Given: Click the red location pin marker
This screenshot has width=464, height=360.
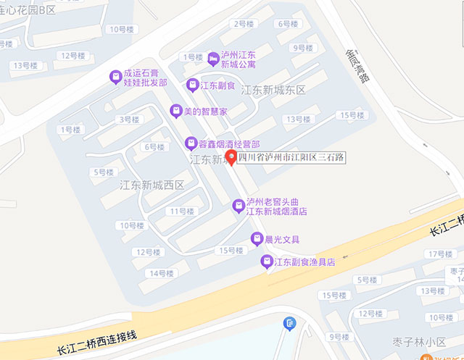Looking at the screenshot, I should pos(231,157).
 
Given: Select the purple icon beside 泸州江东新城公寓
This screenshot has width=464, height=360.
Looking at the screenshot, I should pos(212,58).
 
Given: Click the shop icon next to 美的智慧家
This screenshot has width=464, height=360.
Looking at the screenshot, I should pos(175,111).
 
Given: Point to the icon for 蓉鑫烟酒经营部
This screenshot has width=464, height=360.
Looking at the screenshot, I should pos(191,143).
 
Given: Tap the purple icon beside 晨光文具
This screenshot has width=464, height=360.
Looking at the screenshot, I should pos(256,239).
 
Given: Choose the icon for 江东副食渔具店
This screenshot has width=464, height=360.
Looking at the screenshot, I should pos(267,261).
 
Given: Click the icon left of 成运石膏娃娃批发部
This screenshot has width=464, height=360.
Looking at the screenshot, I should pos(115,76).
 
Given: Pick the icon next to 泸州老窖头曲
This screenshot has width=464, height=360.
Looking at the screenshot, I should pos(238,206).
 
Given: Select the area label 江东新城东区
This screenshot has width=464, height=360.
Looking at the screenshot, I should pos(274,91).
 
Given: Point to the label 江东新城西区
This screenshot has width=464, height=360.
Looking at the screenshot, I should pos(153,185).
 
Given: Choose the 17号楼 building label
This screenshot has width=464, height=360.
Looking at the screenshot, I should pos(440,254).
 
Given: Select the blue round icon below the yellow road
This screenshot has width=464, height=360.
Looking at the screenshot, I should pos(290,323).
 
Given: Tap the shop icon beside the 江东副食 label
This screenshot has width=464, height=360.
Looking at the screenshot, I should pos(192,85).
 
